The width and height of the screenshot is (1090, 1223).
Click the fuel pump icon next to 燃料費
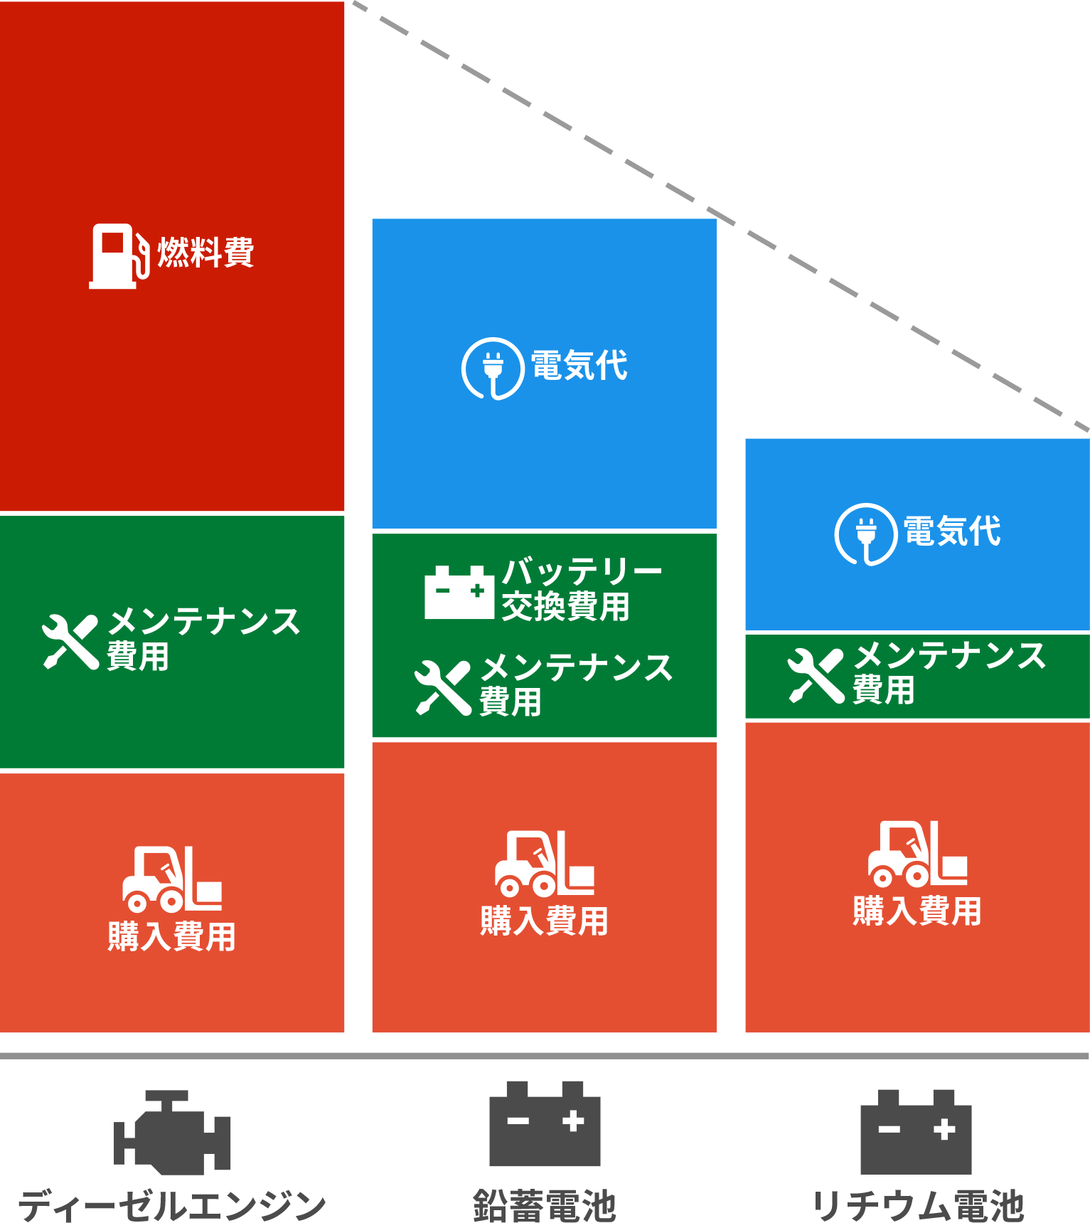[117, 256]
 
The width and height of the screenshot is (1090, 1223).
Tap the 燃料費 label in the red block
[206, 253]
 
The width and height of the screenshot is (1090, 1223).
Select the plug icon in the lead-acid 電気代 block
[493, 368]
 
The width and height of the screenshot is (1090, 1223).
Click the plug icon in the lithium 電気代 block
[865, 534]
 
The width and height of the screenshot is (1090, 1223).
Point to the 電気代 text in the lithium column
[952, 531]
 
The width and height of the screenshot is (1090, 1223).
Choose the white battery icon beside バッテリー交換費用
[459, 592]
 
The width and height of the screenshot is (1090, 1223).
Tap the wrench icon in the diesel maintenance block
[70, 642]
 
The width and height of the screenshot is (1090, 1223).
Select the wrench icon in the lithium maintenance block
[816, 676]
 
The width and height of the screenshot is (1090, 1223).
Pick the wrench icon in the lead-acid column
[443, 687]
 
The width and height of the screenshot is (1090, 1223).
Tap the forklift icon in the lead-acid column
[544, 864]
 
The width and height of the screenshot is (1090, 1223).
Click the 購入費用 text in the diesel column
[171, 936]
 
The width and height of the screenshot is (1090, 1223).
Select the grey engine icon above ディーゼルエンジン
[172, 1132]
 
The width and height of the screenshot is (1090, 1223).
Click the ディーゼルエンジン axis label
[171, 1205]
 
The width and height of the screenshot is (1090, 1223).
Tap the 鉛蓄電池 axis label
[544, 1205]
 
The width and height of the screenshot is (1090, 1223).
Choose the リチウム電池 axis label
[917, 1205]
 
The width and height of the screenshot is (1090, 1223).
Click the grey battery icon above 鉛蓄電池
[545, 1123]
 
